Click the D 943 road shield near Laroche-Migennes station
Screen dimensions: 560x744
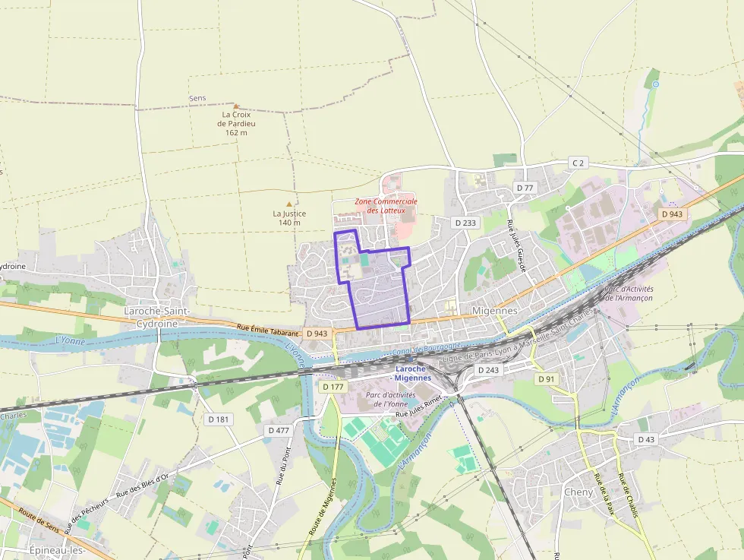pos(317,334)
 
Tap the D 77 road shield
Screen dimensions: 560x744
pos(525,187)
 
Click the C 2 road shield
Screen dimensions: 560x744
pos(578,163)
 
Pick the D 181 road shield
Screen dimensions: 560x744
pos(219,419)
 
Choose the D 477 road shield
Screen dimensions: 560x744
pos(279,430)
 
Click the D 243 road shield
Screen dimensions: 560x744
pos(488,369)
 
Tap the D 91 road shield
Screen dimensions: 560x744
pos(546,378)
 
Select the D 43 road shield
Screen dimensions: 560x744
pos(646,439)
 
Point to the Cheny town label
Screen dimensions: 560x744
pos(578,492)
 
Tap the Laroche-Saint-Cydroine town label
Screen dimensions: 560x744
pos(150,318)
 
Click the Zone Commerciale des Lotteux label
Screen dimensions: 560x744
pos(386,206)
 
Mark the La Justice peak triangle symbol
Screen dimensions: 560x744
pos(288,204)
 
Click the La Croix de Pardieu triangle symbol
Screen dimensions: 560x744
pos(236,106)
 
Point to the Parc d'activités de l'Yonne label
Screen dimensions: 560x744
pos(390,399)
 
